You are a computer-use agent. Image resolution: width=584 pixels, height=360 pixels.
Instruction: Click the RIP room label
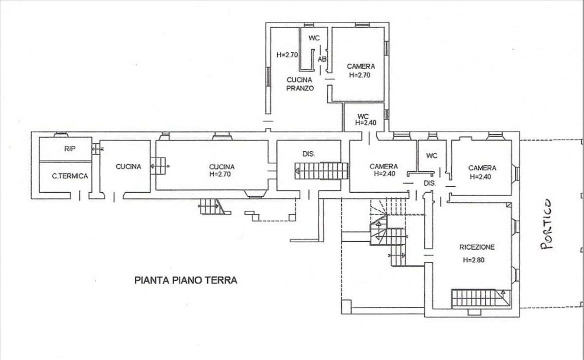[70, 149]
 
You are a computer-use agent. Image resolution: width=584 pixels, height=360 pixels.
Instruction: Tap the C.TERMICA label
[70, 177]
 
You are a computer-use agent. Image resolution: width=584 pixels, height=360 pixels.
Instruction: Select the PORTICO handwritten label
[546, 224]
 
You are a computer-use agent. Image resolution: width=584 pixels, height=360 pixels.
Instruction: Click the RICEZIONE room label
[477, 247]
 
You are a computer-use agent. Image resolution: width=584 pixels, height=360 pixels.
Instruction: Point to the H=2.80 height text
[474, 260]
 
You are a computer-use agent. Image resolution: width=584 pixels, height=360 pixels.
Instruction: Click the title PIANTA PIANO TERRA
[185, 280]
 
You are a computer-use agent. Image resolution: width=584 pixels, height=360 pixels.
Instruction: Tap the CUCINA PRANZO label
[300, 84]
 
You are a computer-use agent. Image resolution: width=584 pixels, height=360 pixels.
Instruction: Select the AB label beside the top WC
[322, 59]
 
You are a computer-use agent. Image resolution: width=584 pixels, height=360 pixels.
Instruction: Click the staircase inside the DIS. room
[321, 171]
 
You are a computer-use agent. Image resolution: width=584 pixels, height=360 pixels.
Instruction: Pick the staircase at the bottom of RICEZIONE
[481, 298]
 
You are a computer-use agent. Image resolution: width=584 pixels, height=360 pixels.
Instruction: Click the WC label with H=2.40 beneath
[363, 116]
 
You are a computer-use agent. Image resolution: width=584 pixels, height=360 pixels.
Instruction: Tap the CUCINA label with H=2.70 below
[221, 167]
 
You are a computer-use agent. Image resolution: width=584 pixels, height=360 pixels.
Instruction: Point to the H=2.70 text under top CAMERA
[360, 75]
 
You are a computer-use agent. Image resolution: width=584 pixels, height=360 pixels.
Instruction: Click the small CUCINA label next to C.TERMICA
[128, 167]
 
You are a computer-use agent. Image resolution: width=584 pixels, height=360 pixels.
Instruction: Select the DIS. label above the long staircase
[309, 154]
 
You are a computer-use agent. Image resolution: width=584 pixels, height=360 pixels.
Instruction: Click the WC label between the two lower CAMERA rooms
[432, 156]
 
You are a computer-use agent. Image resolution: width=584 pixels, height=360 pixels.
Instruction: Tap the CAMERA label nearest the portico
[482, 168]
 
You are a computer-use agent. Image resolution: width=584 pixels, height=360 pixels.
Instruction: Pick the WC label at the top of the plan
[314, 38]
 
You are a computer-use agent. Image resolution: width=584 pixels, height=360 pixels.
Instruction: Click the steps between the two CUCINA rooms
[159, 166]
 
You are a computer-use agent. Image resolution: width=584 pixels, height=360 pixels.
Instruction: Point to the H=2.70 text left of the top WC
[287, 55]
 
